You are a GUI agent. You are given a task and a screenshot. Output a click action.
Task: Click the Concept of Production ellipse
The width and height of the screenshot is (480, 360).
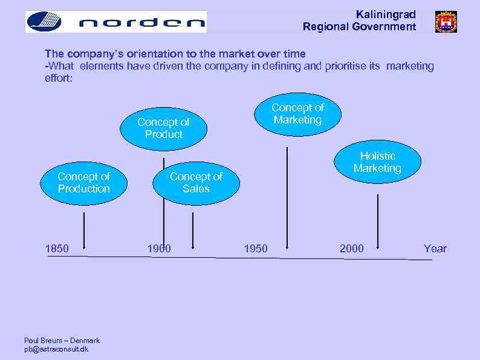tap(83, 183)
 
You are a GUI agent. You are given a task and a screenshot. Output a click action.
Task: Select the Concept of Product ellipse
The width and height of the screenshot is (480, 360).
tap(163, 128)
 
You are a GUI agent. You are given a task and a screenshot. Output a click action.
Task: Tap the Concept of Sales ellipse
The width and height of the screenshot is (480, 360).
tap(196, 183)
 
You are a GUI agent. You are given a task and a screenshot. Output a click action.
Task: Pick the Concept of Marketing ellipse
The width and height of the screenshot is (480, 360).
tap(297, 114)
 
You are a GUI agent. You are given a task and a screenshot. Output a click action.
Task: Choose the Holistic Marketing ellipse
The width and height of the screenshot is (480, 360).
tap(377, 162)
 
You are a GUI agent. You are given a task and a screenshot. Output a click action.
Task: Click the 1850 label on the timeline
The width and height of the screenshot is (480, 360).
tap(57, 249)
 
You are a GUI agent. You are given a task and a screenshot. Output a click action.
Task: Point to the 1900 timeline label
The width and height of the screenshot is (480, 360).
tap(159, 249)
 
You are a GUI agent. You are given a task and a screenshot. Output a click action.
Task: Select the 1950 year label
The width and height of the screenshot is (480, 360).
tap(255, 249)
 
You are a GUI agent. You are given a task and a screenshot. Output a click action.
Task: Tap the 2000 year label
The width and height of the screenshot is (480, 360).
tap(352, 249)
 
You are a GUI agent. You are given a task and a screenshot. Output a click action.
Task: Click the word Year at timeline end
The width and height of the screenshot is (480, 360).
tap(435, 249)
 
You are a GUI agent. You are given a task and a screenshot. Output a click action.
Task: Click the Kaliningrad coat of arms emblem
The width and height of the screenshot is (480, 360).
tap(446, 22)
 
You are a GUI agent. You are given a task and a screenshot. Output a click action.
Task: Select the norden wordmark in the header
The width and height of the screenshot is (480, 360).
tap(142, 23)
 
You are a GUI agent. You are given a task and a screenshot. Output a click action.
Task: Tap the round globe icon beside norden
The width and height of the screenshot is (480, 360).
tap(44, 22)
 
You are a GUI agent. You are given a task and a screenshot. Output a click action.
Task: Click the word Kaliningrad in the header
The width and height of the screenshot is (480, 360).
tap(386, 14)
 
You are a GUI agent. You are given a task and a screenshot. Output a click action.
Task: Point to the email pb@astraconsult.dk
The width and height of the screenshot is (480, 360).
tap(56, 349)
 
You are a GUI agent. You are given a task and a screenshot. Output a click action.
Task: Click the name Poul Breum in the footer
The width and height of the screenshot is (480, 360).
tap(43, 341)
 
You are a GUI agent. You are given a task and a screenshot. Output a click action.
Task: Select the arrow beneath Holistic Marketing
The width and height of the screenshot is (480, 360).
tap(378, 221)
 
